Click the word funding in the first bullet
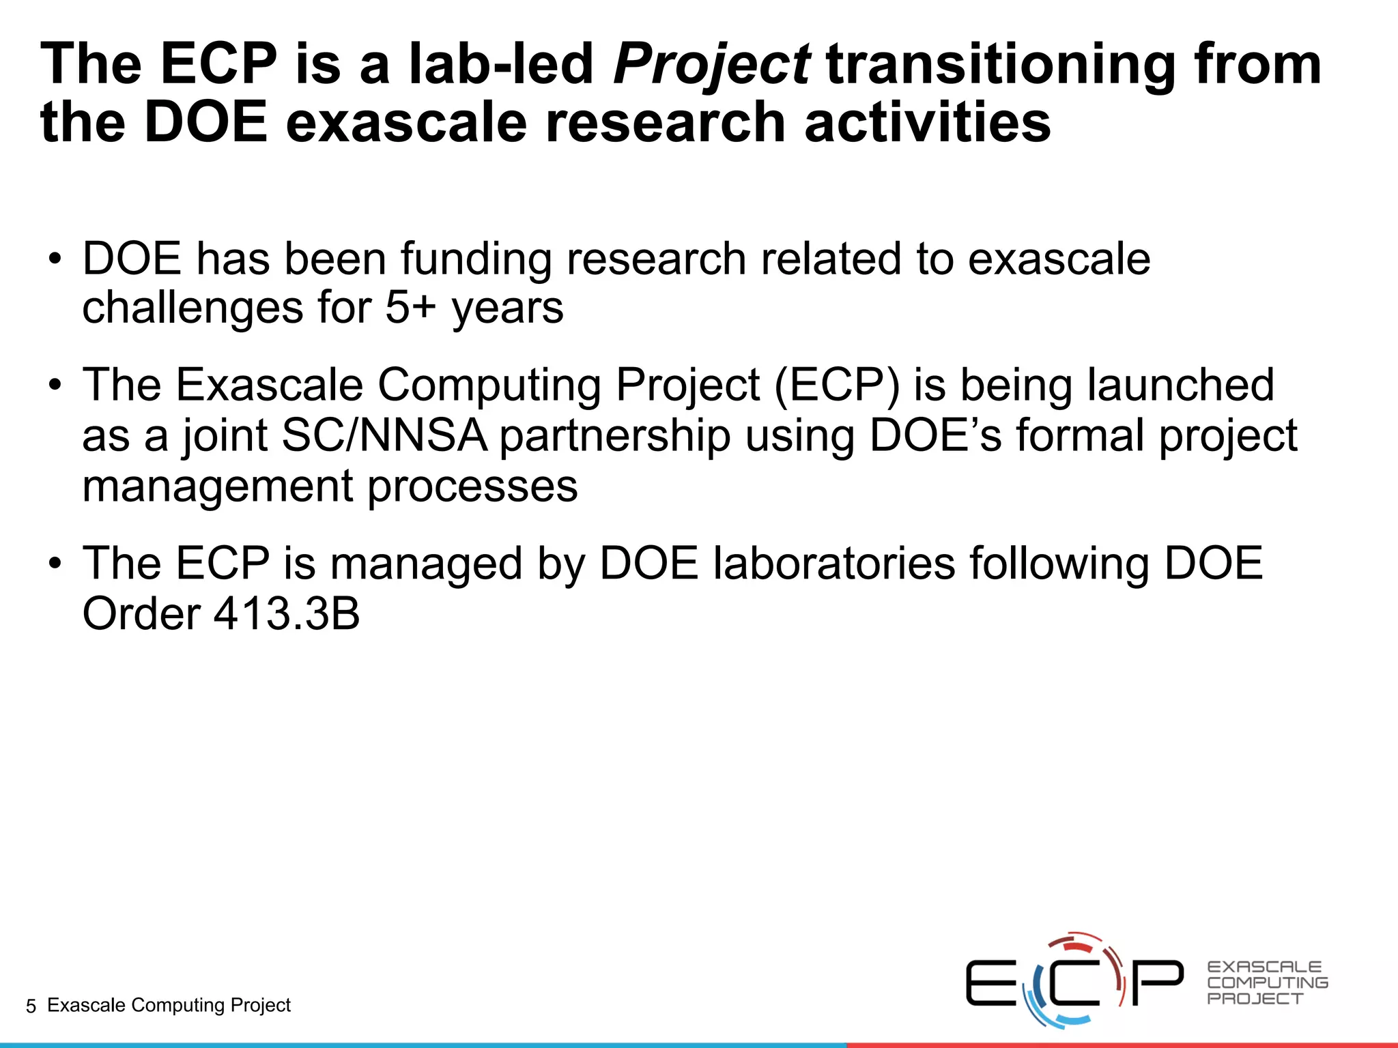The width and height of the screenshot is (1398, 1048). (476, 260)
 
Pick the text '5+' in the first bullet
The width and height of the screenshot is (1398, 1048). (410, 308)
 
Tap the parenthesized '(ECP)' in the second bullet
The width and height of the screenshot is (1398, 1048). (837, 385)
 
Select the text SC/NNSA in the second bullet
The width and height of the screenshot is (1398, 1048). (384, 436)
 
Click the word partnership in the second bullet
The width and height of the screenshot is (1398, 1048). (614, 437)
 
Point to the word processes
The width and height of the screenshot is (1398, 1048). (472, 488)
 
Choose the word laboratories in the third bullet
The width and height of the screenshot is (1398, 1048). (834, 564)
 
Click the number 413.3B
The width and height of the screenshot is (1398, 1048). (287, 614)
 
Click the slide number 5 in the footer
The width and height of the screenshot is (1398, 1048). (31, 1006)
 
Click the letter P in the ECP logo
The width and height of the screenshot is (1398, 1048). (1158, 982)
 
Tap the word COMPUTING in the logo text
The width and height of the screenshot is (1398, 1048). (1267, 982)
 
